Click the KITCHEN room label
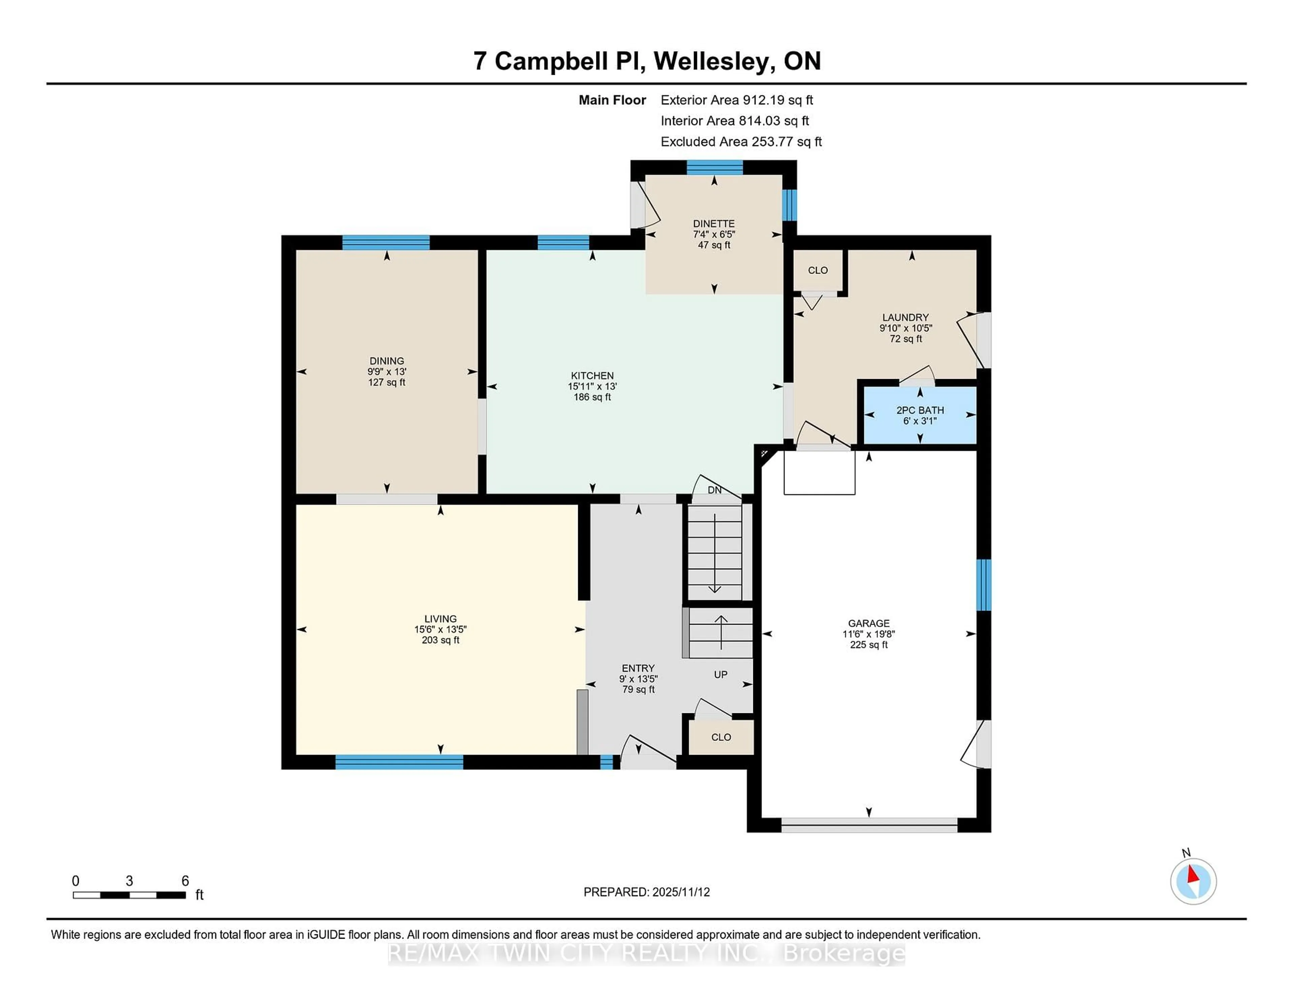(592, 376)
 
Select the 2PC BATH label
(920, 410)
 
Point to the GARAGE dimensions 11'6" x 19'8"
(868, 634)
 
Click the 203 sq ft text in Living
(440, 640)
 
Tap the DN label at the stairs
(715, 490)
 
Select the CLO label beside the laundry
(818, 270)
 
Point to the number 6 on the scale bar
(185, 881)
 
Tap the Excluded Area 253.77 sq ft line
(741, 142)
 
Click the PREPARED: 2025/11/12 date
(646, 892)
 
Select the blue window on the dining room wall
(386, 242)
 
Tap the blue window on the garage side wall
(983, 585)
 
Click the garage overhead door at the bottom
(868, 825)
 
